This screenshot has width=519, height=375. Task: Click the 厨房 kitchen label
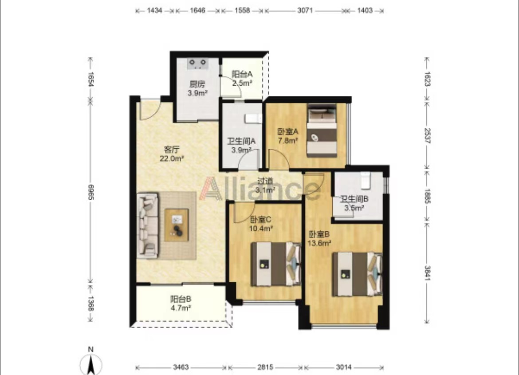click(197, 84)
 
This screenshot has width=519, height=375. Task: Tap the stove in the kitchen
click(198, 63)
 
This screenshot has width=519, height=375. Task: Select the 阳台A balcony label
click(242, 74)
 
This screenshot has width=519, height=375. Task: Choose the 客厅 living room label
click(172, 150)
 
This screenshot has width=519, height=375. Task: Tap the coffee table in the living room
click(177, 225)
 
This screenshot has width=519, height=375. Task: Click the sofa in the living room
click(148, 225)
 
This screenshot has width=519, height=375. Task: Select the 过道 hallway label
click(265, 181)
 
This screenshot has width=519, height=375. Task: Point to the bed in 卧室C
click(276, 264)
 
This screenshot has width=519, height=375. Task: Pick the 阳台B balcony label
click(181, 299)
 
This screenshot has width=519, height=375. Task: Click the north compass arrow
click(90, 362)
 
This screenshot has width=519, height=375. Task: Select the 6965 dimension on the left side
click(91, 192)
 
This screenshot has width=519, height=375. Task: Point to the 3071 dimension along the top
click(305, 10)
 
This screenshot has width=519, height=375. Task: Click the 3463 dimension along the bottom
click(181, 367)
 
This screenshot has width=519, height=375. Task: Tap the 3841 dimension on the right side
click(427, 273)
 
